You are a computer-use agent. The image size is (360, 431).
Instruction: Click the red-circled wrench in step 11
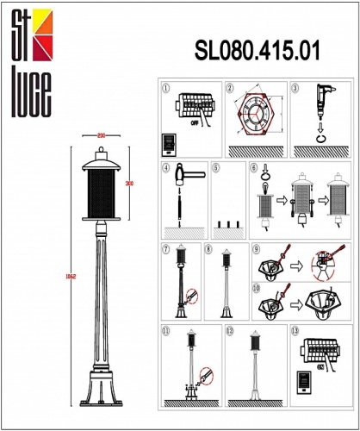tap(204, 376)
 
